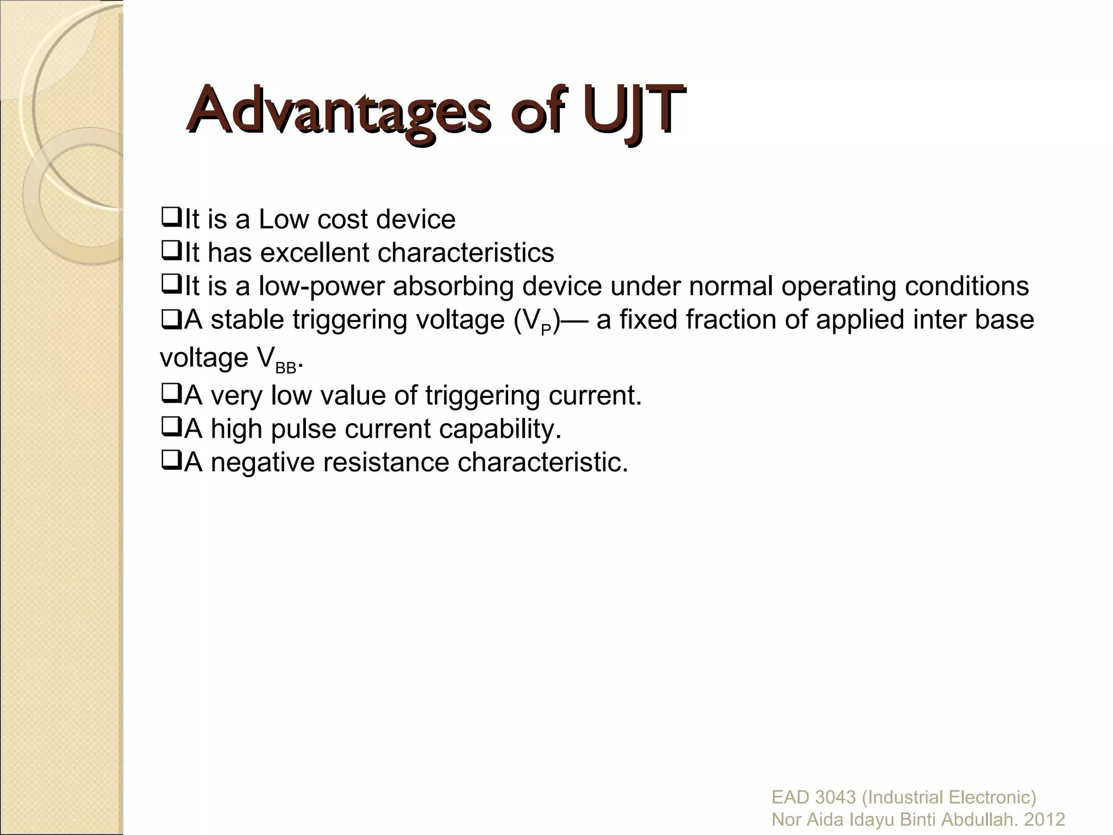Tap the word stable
[x=248, y=320]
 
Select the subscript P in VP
[x=546, y=329]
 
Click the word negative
[x=263, y=463]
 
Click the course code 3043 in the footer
[x=836, y=797]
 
